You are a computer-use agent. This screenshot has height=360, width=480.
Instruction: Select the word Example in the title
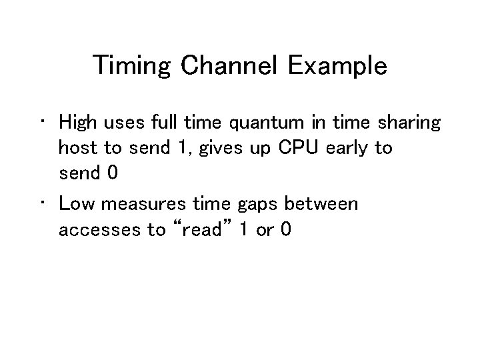point(337,66)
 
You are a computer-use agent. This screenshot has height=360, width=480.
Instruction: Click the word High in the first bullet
point(77,123)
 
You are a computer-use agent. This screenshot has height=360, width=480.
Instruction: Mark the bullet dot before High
point(42,123)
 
